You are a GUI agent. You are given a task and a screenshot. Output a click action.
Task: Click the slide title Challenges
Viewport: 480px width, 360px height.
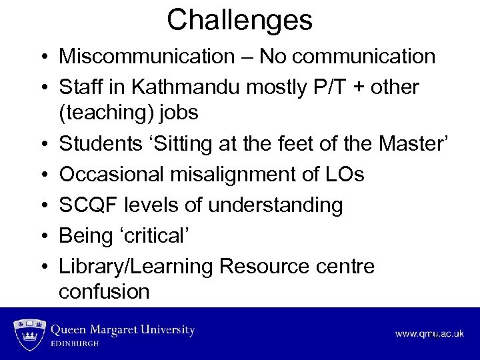coord(239,20)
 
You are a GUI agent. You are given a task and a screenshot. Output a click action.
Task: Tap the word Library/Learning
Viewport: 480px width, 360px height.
coord(136,267)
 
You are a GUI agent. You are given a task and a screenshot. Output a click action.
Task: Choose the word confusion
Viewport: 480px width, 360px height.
coord(104,292)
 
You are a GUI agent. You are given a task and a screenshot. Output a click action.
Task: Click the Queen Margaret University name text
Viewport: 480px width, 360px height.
coord(123,330)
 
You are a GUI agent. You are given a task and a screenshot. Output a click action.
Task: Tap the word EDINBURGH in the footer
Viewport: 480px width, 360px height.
coord(75,344)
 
